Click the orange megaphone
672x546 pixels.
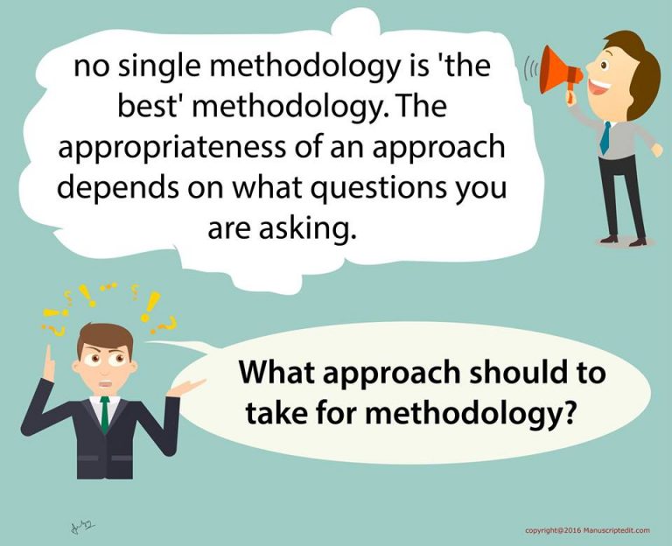tap(559, 72)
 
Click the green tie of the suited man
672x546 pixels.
tap(105, 414)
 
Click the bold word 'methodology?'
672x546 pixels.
tap(469, 414)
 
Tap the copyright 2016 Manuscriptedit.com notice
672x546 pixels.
tap(587, 530)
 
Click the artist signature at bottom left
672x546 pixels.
tap(81, 525)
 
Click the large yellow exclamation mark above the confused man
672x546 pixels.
tap(150, 306)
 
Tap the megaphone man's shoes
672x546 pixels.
tap(623, 241)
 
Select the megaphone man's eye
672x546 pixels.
tap(604, 65)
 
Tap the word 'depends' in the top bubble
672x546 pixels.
tap(118, 189)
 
